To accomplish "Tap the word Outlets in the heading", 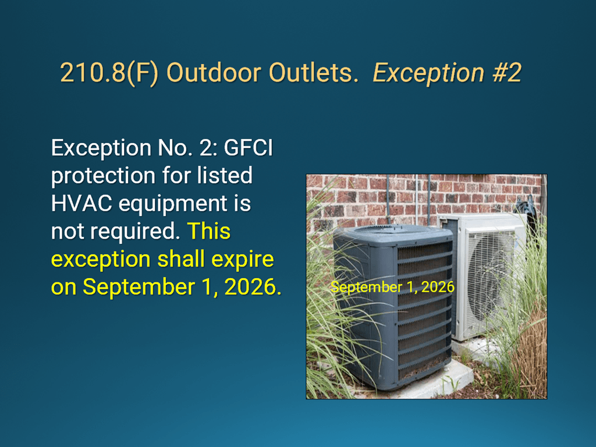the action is [x=313, y=72].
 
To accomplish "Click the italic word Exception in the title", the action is [x=428, y=73].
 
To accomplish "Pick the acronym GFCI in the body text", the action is [x=248, y=147].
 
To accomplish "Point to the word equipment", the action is [x=172, y=204].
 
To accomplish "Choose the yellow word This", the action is [x=209, y=231].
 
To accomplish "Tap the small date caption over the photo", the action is [x=392, y=287].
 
